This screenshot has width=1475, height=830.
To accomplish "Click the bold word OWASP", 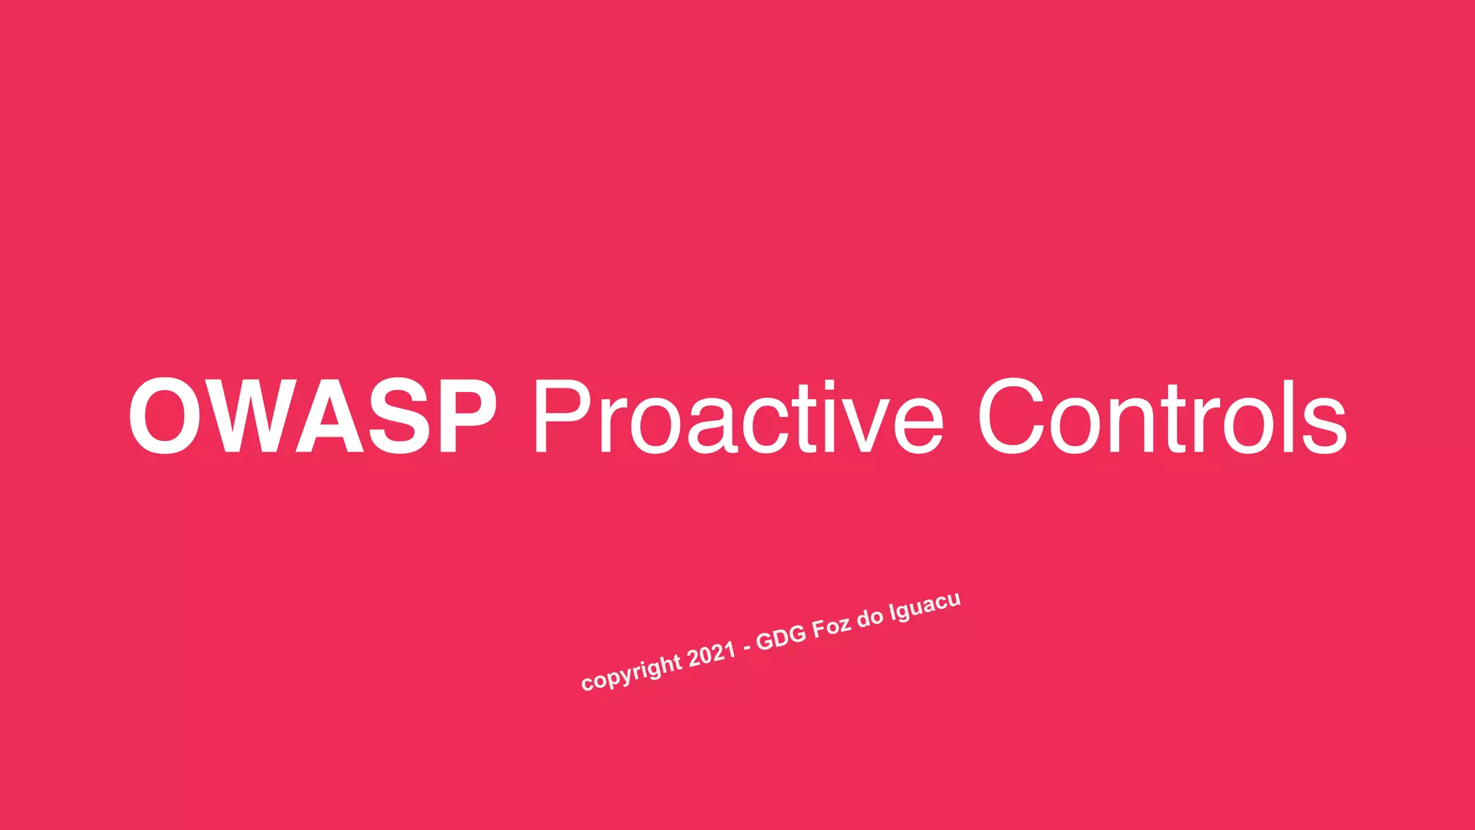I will tap(312, 417).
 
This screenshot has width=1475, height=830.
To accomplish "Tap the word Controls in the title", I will tap(1161, 417).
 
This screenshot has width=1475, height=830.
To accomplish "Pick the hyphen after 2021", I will tap(746, 647).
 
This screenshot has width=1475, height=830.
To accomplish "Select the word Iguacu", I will tap(925, 607).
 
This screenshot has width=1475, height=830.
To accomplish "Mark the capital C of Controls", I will tap(1011, 417).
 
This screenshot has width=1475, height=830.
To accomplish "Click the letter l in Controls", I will tap(1283, 417).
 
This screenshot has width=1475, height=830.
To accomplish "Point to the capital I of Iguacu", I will tap(892, 613).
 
